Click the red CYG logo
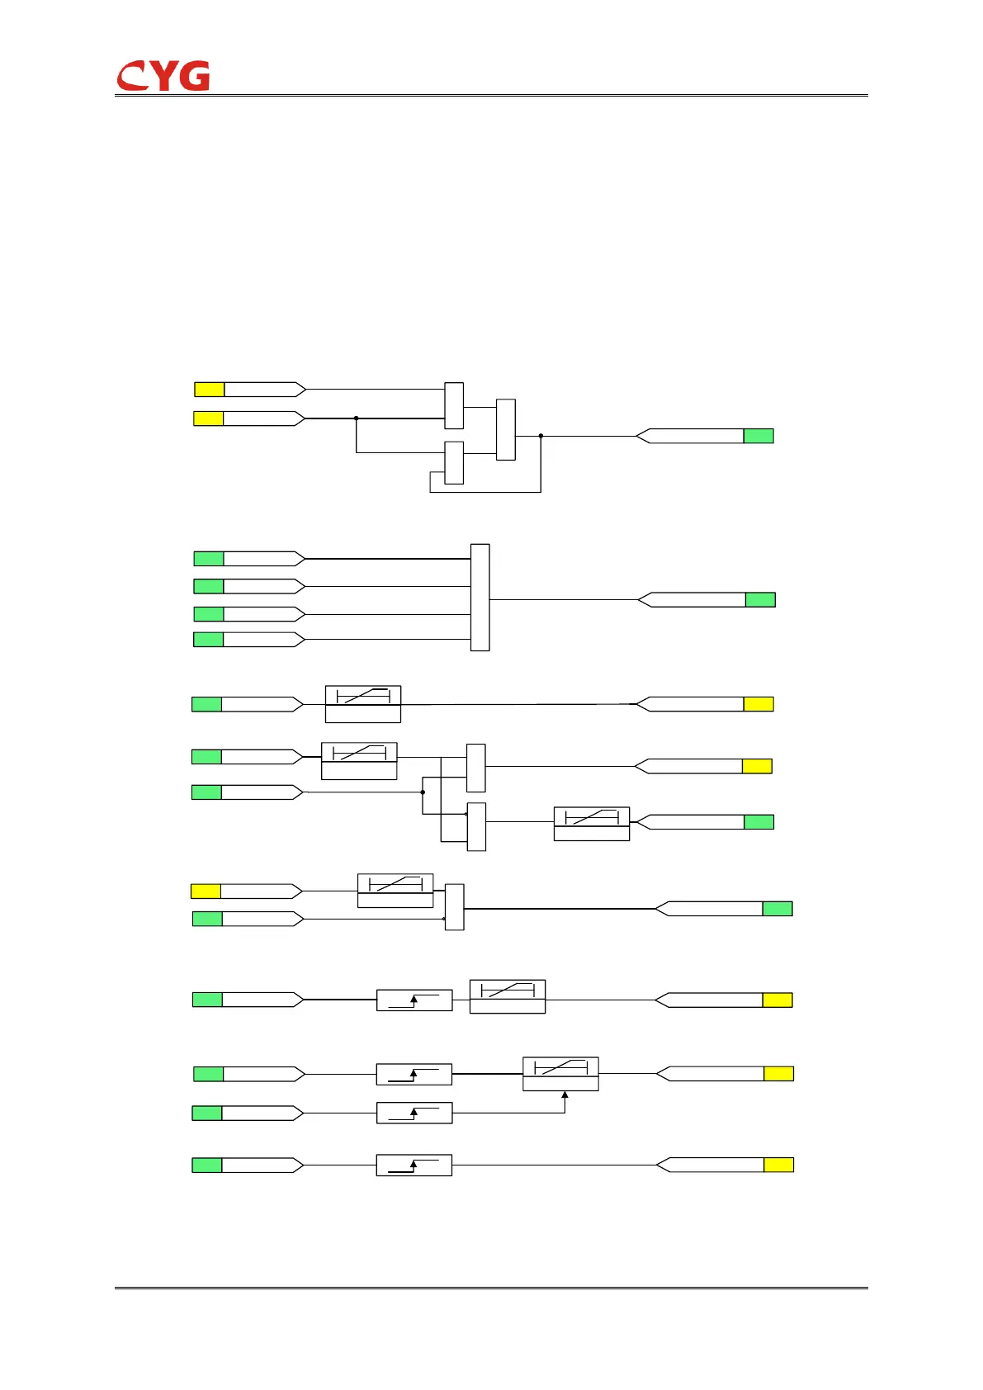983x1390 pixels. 163,76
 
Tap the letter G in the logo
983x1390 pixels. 195,76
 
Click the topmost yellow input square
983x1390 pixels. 209,390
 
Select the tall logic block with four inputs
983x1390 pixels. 480,598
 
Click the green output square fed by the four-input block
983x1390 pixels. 760,600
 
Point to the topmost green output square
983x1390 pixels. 759,436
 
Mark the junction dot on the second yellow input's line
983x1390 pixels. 357,418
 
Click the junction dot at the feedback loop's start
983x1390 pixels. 541,436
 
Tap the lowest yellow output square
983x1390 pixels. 778,1165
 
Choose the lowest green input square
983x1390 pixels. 207,1165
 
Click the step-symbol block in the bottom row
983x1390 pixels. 414,1165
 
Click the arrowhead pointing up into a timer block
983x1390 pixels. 565,1096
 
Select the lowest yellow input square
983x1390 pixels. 206,891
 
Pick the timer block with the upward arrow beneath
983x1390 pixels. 560,1074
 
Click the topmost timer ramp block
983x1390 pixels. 363,703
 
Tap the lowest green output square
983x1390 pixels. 777,909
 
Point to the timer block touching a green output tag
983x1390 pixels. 591,823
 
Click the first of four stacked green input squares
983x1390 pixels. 209,559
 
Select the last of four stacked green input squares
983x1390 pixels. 208,639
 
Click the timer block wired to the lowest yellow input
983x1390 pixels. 395,891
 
